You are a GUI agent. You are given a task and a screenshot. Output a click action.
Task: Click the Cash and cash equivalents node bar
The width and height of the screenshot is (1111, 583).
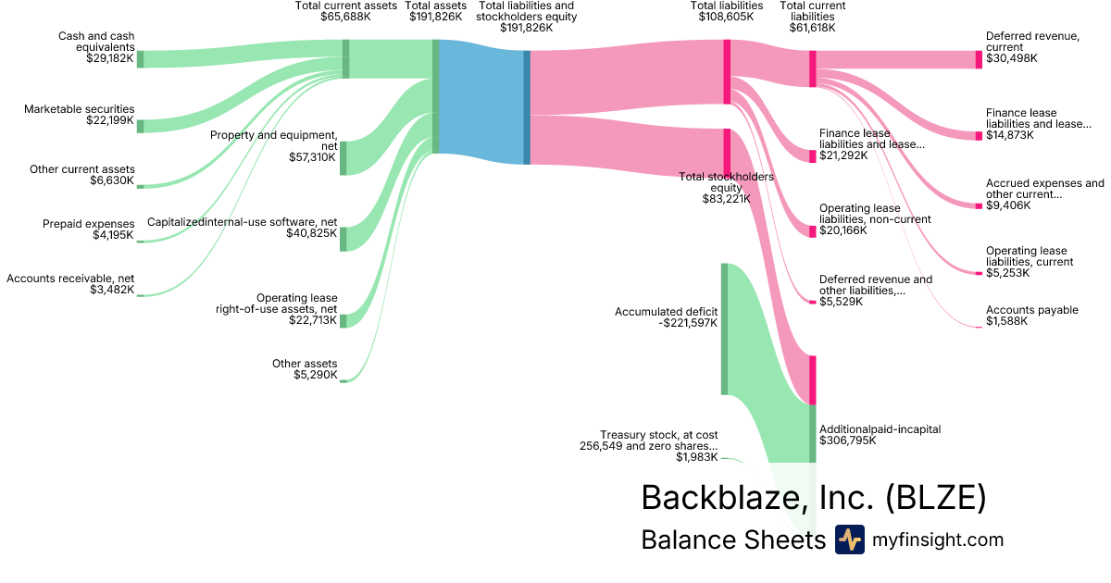coord(141,59)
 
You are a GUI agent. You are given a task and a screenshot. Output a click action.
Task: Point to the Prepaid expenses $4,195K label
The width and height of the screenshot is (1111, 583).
coord(88,229)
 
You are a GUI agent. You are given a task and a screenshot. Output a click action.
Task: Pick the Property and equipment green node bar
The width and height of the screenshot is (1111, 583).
coord(343,157)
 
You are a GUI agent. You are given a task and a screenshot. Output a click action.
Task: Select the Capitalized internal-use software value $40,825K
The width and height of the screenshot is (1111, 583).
coord(311,233)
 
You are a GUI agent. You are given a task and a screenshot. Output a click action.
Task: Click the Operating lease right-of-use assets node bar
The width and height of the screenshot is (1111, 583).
coord(343,320)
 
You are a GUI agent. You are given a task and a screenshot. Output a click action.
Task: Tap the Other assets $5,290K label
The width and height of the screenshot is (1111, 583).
coord(305,369)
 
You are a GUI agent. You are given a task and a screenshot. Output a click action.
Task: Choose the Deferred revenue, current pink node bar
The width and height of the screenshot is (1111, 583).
coord(979,59)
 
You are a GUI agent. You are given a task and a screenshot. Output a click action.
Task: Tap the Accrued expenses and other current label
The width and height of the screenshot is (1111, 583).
coord(1044,189)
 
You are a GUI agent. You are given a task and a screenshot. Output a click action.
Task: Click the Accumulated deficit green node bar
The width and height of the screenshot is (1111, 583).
coord(724,329)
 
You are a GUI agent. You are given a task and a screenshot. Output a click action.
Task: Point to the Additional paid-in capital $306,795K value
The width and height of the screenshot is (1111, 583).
coord(847,441)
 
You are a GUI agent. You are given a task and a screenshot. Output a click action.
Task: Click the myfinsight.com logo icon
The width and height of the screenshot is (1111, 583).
coord(849,540)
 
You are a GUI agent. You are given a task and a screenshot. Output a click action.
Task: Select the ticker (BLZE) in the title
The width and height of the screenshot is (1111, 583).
coord(935,498)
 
